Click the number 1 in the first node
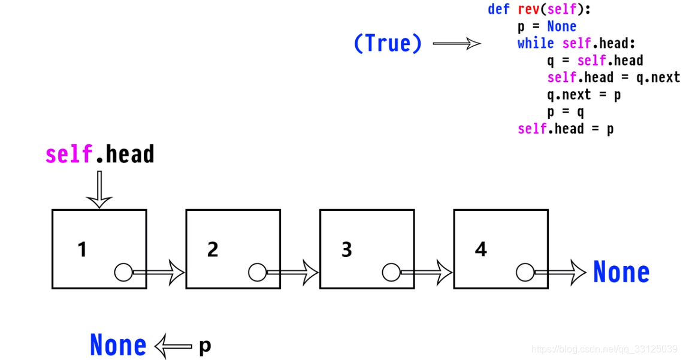[x=82, y=249]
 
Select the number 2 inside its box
[x=213, y=249]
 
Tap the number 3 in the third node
[x=346, y=249]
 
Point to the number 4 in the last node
[x=480, y=249]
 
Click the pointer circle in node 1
[x=123, y=273]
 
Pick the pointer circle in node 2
[x=257, y=273]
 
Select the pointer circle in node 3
[x=391, y=273]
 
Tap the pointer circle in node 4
[x=525, y=273]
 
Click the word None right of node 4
[x=621, y=273]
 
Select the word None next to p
[x=117, y=346]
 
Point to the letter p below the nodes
[x=205, y=346]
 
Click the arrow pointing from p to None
[x=174, y=346]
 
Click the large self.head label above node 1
[x=100, y=155]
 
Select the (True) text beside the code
[x=388, y=43]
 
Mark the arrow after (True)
[x=457, y=43]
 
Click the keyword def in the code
[x=498, y=10]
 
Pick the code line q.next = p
[x=584, y=95]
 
